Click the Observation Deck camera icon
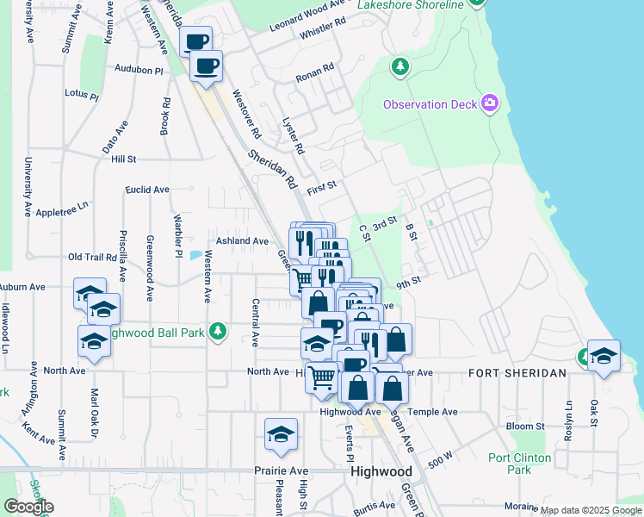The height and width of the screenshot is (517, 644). coord(490,104)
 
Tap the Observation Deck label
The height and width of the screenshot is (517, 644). coord(430,105)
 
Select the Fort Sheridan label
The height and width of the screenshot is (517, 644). coord(517,373)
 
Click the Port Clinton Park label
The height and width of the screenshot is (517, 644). coord(521,464)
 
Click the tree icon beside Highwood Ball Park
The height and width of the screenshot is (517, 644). coord(219,331)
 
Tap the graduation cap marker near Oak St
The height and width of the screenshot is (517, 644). coord(603,357)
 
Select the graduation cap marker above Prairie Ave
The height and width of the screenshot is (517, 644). coord(281,436)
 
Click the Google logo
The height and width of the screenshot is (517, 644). coord(28,507)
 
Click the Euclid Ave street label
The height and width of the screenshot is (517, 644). coord(147,190)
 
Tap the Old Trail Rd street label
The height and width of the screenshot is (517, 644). coord(92,257)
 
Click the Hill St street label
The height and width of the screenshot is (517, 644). coord(124,159)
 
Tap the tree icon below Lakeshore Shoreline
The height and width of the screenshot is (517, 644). coord(399,66)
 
